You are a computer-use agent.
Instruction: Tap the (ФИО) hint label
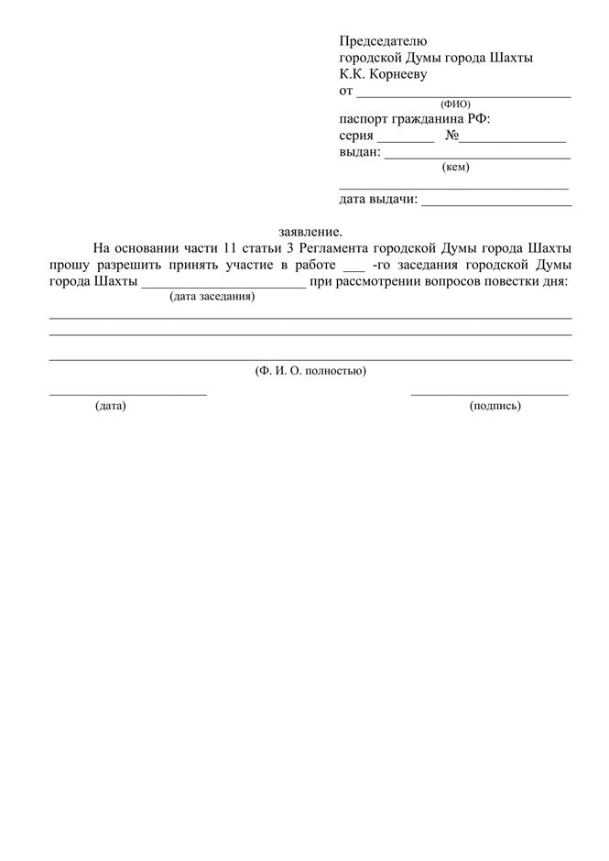[455, 104]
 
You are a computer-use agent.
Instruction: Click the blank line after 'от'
[463, 94]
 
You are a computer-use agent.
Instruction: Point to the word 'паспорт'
[364, 120]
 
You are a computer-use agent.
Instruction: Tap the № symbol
[451, 136]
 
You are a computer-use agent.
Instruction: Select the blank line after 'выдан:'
[477, 158]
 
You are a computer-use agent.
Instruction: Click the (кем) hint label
[455, 168]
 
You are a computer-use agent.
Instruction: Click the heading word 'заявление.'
[310, 232]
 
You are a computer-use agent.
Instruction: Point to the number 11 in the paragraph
[230, 249]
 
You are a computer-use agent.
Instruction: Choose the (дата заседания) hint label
[212, 297]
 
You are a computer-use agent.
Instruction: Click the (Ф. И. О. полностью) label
[310, 371]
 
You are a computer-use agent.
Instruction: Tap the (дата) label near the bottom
[110, 406]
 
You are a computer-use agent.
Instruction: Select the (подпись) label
[495, 406]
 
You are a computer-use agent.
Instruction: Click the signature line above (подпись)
[489, 394]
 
